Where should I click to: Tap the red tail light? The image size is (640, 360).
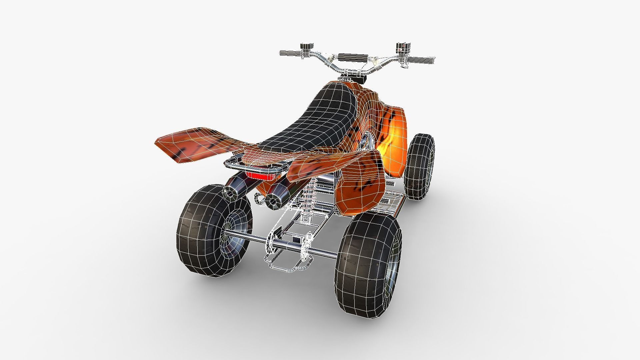click(262, 176)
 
